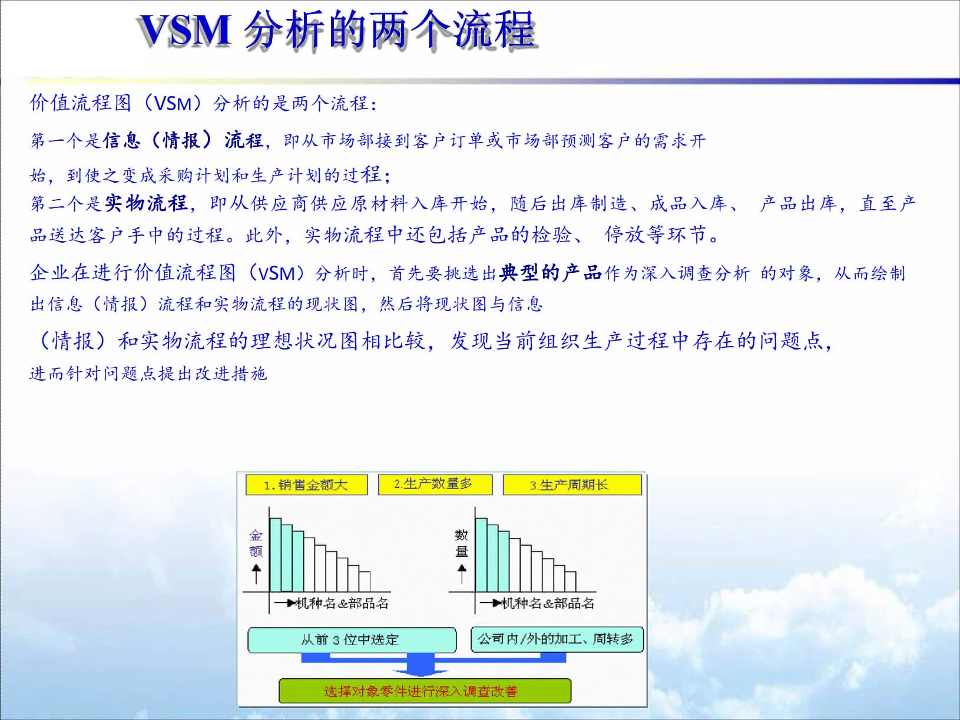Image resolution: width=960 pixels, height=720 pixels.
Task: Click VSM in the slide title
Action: (x=185, y=29)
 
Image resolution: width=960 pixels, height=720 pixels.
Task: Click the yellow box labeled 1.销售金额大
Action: (x=306, y=485)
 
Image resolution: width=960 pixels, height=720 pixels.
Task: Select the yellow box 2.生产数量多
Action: (x=433, y=484)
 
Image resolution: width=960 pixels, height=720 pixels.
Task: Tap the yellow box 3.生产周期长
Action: (x=571, y=485)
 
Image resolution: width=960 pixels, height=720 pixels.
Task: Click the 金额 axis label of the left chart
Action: (x=256, y=543)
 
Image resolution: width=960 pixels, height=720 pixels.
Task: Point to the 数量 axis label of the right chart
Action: (x=461, y=543)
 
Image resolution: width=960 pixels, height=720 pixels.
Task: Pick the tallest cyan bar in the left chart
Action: (x=275, y=554)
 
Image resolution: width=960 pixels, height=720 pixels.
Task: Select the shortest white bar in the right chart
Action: (x=570, y=582)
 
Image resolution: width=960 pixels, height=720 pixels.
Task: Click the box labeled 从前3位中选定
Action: (x=352, y=640)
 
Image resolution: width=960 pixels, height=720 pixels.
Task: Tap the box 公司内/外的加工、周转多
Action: (x=556, y=639)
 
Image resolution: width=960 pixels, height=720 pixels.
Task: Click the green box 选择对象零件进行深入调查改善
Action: (x=424, y=691)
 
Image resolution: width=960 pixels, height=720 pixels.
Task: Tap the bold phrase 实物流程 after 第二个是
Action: (x=146, y=203)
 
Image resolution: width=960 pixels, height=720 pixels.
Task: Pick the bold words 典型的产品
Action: (x=550, y=273)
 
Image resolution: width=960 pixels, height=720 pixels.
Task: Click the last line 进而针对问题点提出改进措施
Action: (x=148, y=374)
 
